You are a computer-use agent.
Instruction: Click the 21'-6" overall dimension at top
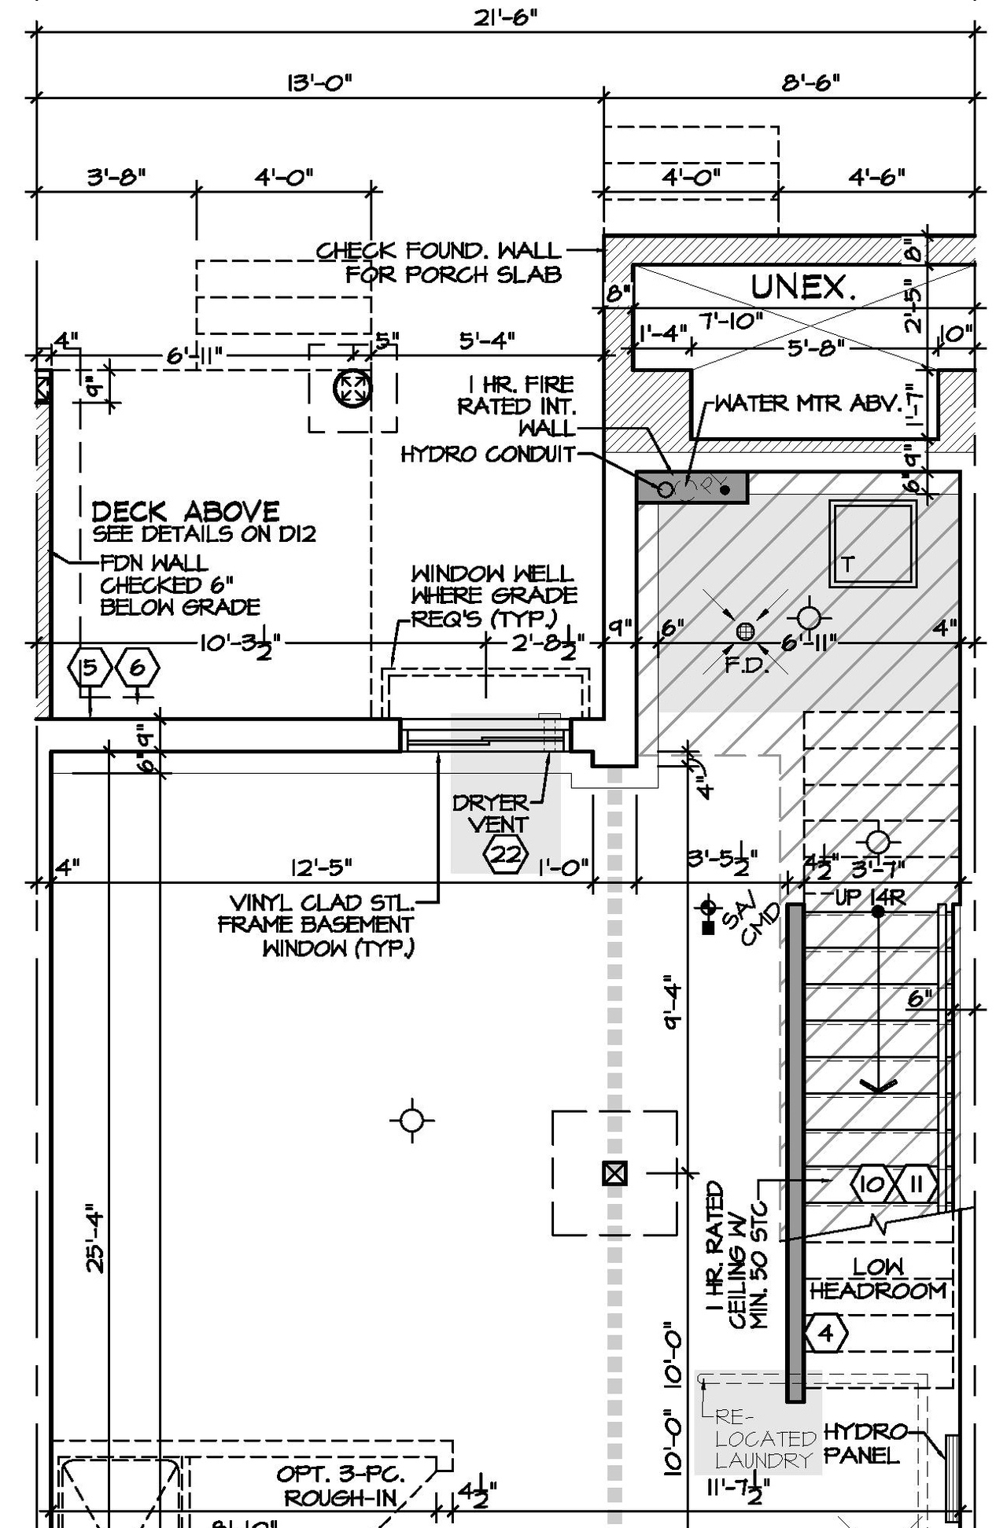point(504,17)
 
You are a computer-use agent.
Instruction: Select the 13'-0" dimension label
point(319,83)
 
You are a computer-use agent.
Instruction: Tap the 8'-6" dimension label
point(810,83)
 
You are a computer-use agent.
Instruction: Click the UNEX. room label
point(802,287)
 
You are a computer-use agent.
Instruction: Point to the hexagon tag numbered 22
point(504,853)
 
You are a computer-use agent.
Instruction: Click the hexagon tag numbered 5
point(90,668)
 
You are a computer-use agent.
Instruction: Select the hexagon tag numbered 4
point(826,1333)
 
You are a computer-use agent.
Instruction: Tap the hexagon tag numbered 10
point(872,1184)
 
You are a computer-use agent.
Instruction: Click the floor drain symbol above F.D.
point(745,631)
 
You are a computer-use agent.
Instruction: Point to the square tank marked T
point(872,543)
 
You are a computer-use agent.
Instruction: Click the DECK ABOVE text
point(186,512)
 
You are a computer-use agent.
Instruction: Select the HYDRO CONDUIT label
point(488,455)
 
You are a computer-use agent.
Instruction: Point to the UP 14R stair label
point(870,897)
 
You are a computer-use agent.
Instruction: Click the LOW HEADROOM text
point(878,1279)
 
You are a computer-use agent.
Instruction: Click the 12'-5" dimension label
point(321,868)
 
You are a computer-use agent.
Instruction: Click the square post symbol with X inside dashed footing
point(614,1174)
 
